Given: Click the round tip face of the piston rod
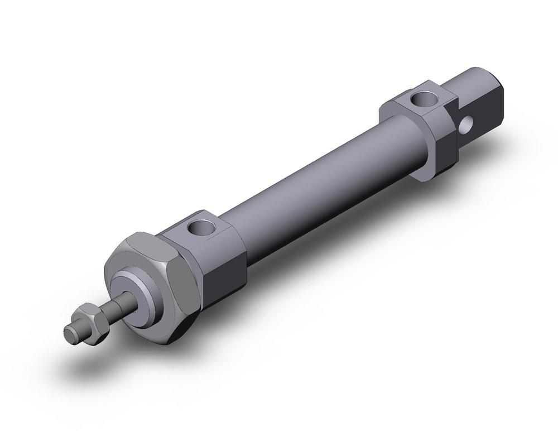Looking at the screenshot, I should click(x=70, y=334).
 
